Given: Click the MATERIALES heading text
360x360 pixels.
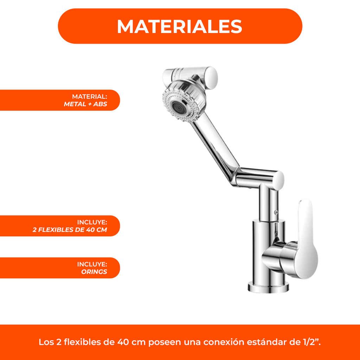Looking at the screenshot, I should click(180, 26).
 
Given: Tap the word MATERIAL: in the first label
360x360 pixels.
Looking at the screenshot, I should click(89, 96).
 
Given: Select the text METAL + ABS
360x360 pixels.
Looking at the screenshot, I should click(85, 104).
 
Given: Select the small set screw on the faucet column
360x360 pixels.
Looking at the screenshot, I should click(276, 212).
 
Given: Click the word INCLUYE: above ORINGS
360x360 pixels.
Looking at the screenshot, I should click(92, 264).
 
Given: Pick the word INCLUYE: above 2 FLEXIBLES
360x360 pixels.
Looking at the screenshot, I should click(92, 222).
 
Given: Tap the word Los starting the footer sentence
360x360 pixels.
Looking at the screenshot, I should click(46, 342).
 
